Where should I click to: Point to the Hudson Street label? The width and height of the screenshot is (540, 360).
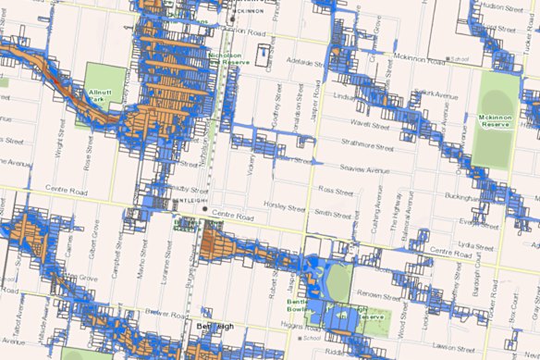tap(503, 6)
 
